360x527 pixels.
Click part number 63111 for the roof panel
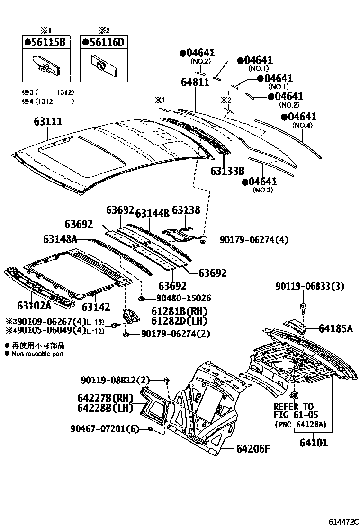(47, 121)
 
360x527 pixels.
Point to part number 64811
(195, 82)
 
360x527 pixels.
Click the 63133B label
(227, 171)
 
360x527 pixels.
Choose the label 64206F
(253, 448)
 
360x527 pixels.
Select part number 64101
(313, 443)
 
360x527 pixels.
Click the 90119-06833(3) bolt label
(310, 286)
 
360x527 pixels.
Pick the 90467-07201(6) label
(105, 429)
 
